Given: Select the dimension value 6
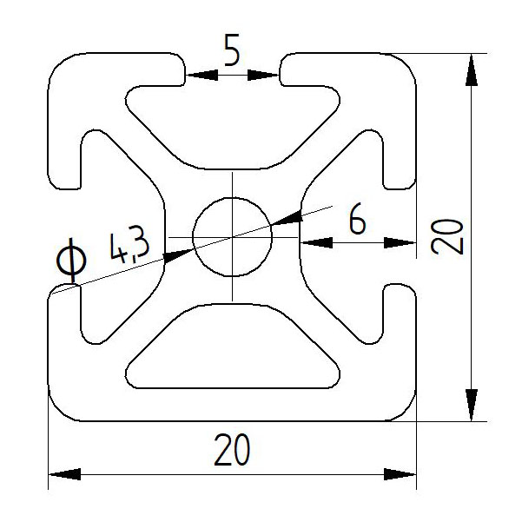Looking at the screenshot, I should (x=355, y=221).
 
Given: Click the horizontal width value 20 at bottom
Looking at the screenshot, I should (x=231, y=450).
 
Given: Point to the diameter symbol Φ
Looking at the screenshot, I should (x=69, y=261).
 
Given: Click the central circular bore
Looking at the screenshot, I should (x=232, y=236).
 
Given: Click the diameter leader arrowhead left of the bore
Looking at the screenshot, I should (x=177, y=254).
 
